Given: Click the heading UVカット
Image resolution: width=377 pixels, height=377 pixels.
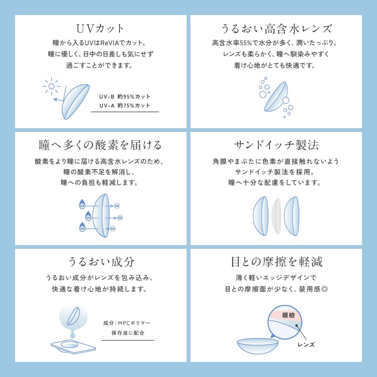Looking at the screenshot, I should [101, 28].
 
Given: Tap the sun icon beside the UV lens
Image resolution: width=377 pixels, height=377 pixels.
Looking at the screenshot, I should [52, 86].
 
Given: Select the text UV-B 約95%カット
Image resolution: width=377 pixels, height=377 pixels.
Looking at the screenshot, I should [125, 97].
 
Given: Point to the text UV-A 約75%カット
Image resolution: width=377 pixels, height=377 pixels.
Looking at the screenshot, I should [125, 106].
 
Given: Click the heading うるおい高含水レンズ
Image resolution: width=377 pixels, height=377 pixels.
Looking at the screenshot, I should [276, 28].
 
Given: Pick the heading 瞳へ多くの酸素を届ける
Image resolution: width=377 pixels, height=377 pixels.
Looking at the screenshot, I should [101, 145].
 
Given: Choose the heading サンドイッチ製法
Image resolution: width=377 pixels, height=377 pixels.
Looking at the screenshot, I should [276, 145].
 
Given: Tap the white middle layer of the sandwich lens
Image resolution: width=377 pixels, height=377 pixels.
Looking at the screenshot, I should [276, 216].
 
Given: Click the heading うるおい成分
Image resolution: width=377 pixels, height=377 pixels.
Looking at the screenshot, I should [101, 262].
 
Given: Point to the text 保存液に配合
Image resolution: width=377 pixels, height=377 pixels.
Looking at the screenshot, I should [128, 333].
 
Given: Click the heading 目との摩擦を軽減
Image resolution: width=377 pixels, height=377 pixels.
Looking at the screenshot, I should [276, 262].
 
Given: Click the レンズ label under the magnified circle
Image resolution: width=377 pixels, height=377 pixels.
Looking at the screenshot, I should [306, 344].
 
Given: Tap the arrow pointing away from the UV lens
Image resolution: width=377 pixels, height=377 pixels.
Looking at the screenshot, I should [58, 100].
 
